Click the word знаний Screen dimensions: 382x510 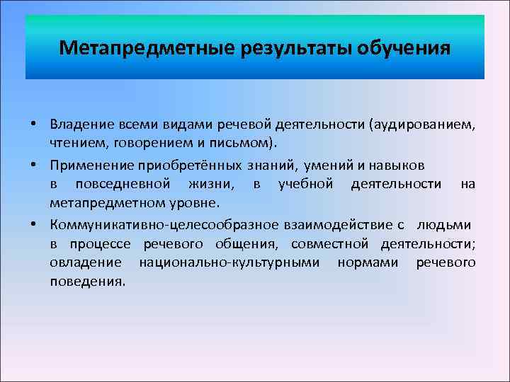[x=277, y=166]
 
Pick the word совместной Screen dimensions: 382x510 [x=329, y=244]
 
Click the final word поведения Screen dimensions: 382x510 [x=87, y=282]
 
